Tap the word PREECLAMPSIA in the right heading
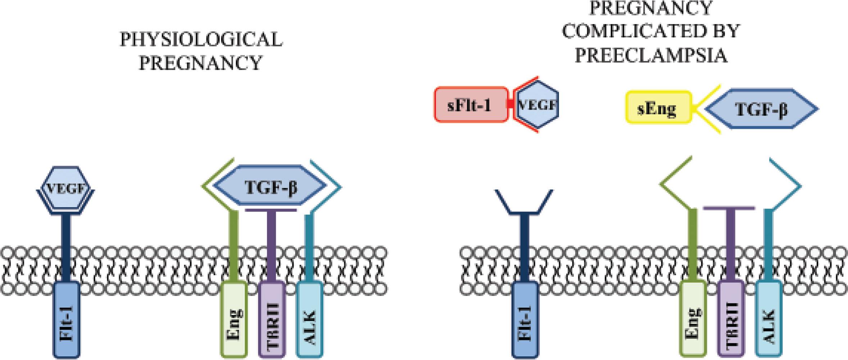tap(651, 56)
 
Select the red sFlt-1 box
tap(471, 105)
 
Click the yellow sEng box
tap(658, 108)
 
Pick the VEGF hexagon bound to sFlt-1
tap(538, 105)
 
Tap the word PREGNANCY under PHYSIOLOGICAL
tap(200, 63)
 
